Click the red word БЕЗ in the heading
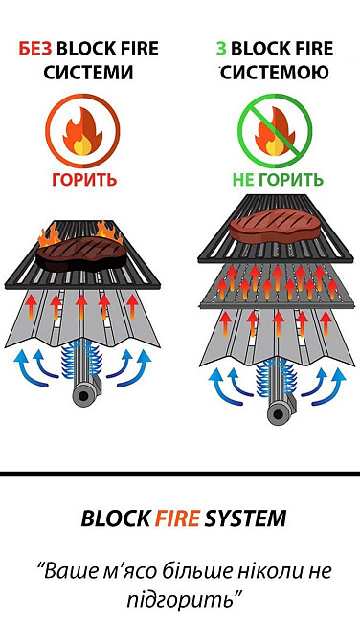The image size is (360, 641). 37,49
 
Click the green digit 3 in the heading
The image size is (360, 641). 221,49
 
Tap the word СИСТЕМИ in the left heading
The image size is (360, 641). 88,73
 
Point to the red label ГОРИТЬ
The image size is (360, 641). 83,179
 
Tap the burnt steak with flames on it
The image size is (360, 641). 81,250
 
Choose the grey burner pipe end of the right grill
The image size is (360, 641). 279,412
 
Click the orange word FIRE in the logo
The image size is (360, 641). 178,519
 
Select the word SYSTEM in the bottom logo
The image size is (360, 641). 246,519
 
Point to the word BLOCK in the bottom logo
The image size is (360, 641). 115,519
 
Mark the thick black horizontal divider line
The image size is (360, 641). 180,474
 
